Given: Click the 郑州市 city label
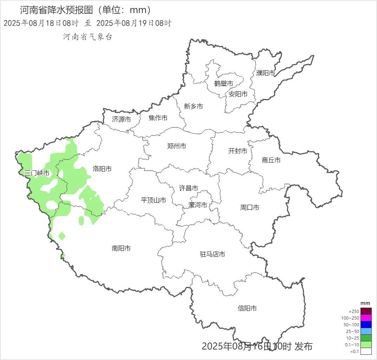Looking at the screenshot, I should pyautogui.click(x=176, y=146).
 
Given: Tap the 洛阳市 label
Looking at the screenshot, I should pyautogui.click(x=102, y=169).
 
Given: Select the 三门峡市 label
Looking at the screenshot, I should pyautogui.click(x=37, y=173).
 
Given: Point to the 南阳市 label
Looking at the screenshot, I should pyautogui.click(x=121, y=248).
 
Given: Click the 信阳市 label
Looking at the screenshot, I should pyautogui.click(x=247, y=308).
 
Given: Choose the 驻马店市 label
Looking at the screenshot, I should pyautogui.click(x=212, y=254).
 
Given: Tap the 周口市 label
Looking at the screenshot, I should pyautogui.click(x=250, y=208).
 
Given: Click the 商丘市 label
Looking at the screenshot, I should pyautogui.click(x=271, y=160).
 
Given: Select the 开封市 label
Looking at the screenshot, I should pyautogui.click(x=238, y=151).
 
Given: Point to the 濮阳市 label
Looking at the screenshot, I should pyautogui.click(x=266, y=73).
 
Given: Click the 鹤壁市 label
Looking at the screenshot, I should pyautogui.click(x=224, y=84).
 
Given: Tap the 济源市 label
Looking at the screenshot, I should pyautogui.click(x=122, y=119).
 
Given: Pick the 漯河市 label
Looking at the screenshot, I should pyautogui.click(x=198, y=205).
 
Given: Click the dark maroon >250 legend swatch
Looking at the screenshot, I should pyautogui.click(x=366, y=311).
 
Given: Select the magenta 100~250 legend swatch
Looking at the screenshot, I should pyautogui.click(x=366, y=318).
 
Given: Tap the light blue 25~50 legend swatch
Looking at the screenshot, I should pyautogui.click(x=366, y=331).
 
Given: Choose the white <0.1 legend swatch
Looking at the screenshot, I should pyautogui.click(x=366, y=351).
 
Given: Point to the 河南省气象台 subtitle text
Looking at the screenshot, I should pyautogui.click(x=87, y=37).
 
